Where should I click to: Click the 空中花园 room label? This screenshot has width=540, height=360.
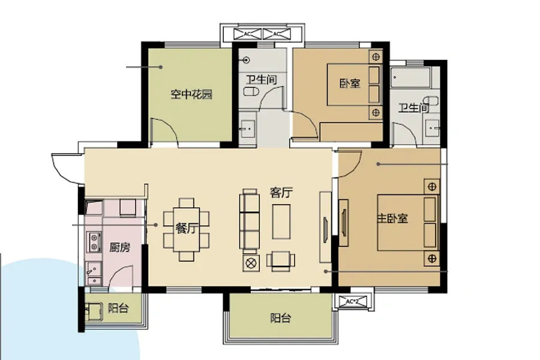[191, 94]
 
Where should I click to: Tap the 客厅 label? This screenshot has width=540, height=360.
[281, 193]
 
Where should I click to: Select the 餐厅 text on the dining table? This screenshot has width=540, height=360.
[187, 228]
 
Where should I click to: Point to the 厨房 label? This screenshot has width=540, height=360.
[119, 247]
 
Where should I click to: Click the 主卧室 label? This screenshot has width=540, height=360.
[392, 218]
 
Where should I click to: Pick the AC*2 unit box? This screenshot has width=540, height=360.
[352, 302]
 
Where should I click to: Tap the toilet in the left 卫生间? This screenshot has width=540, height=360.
[251, 91]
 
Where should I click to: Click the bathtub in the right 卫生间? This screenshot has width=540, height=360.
[410, 77]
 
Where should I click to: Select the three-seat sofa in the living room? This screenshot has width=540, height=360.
[250, 219]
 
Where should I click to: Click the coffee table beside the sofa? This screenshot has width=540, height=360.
[281, 221]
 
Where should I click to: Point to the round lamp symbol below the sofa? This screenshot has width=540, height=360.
[251, 263]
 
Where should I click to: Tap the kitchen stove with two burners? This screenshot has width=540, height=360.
[94, 241]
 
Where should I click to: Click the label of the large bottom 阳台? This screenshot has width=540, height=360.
[280, 317]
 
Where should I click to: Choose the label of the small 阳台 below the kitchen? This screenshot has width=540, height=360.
[118, 308]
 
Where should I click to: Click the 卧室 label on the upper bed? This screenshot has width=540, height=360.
[350, 83]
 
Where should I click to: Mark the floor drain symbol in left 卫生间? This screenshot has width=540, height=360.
[246, 60]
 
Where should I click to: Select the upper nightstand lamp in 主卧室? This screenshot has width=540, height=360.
[432, 187]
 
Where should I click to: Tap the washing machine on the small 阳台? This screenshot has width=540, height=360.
[94, 311]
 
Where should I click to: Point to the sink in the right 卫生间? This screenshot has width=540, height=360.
[432, 128]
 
